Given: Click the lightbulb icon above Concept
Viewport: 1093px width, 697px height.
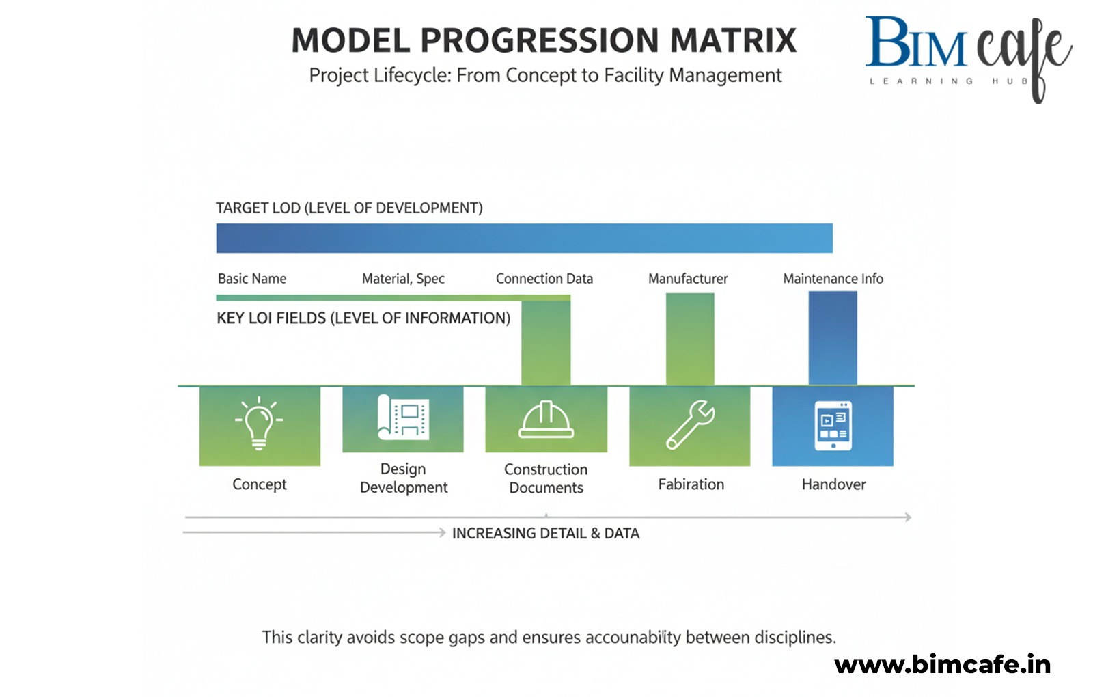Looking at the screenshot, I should (x=259, y=423).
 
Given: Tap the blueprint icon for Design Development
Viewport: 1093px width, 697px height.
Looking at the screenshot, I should (x=403, y=417).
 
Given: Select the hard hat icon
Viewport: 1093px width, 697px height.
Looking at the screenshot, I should (x=546, y=420).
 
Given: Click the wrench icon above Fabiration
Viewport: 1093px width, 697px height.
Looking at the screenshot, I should (x=690, y=424).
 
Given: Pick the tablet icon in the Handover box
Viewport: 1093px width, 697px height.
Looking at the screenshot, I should (x=833, y=426).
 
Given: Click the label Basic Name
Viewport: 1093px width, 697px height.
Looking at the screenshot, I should (x=252, y=279).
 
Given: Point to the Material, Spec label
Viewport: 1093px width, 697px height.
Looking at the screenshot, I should (x=403, y=279).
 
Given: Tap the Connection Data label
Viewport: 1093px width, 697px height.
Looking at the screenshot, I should (x=544, y=279).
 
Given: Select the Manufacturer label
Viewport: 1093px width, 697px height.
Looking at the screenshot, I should (x=688, y=279).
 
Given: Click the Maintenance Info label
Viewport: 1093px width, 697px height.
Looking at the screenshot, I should (x=833, y=279).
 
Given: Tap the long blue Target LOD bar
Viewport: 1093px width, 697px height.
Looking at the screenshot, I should (x=524, y=238).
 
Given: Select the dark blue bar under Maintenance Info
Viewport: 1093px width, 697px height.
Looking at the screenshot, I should (x=833, y=338).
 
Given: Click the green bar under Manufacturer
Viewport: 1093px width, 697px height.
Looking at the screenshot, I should (x=690, y=338).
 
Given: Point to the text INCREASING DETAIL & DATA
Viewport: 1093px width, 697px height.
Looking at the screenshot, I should (x=545, y=534).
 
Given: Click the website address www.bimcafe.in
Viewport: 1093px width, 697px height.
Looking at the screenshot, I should (x=943, y=665).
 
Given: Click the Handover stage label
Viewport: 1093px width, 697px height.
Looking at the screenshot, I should (x=833, y=484).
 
